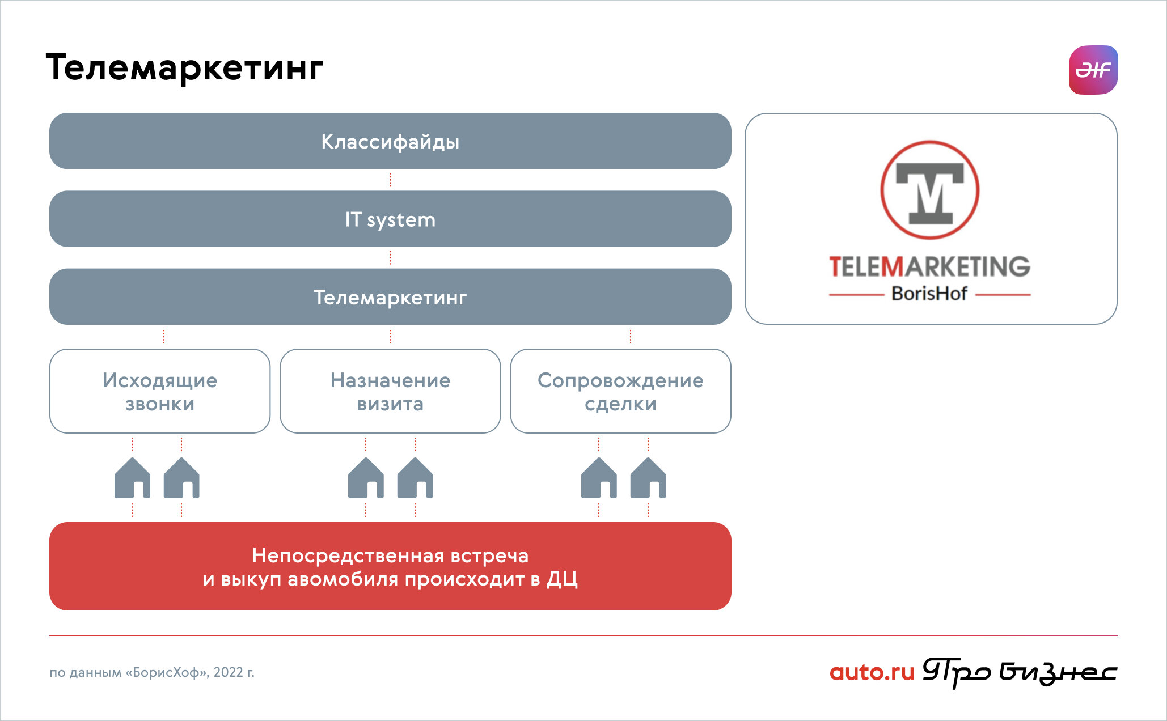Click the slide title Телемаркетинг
click(184, 68)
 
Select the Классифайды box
click(390, 141)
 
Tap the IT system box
click(390, 219)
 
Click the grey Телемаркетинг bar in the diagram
click(390, 296)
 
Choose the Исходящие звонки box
click(160, 391)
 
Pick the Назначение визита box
click(390, 391)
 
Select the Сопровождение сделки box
click(621, 391)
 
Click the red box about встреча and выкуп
click(390, 566)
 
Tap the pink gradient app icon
click(1093, 70)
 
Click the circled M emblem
click(930, 190)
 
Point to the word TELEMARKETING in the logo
click(930, 266)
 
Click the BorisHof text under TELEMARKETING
click(929, 294)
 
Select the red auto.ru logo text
click(872, 672)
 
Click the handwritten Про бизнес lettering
click(1020, 673)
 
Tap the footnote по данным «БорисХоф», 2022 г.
click(152, 672)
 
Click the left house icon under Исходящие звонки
click(132, 478)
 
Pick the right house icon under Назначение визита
click(415, 478)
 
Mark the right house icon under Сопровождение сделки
click(648, 478)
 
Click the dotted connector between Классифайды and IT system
click(390, 180)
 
